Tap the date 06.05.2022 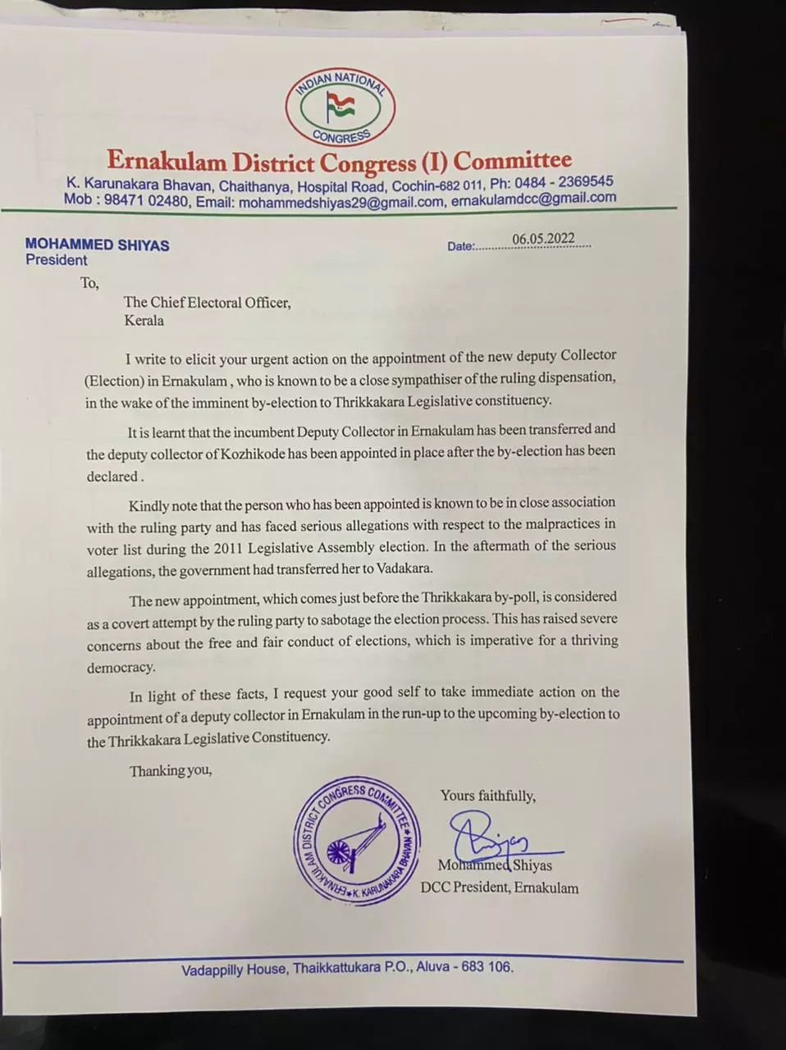(543, 239)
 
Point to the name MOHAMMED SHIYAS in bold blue (98, 244)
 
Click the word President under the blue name (56, 261)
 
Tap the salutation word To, (89, 284)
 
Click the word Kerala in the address (144, 321)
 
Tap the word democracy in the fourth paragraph (121, 668)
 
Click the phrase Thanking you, (170, 771)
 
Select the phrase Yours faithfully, (488, 796)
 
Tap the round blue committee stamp (358, 841)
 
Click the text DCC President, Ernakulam (500, 888)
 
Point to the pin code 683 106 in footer (487, 967)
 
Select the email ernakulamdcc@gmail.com (533, 199)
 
